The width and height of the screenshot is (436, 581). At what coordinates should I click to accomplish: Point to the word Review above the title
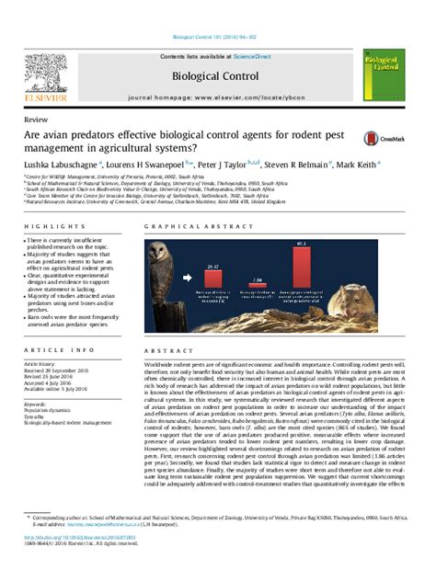(x=39, y=120)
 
